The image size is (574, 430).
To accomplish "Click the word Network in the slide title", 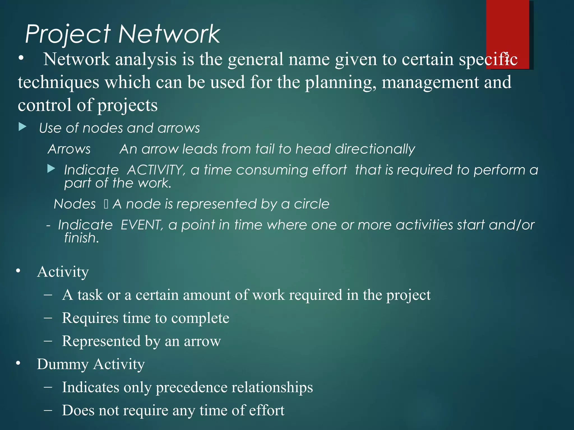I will [x=169, y=34].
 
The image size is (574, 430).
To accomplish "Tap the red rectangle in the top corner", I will [x=507, y=28].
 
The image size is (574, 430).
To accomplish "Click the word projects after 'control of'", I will [x=128, y=106].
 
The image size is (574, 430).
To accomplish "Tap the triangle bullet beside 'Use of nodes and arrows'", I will [x=22, y=127].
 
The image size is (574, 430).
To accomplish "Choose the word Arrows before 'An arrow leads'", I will [x=69, y=149].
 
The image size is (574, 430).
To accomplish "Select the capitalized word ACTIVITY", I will [x=156, y=170].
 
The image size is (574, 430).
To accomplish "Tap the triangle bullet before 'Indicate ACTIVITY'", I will [x=51, y=169].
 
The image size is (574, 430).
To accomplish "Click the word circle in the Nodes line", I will [x=311, y=204].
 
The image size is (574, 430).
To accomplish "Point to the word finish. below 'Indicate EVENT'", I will [x=82, y=238].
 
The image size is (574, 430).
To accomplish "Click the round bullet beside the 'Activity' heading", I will [x=18, y=271].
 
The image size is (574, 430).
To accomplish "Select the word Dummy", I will [x=63, y=364].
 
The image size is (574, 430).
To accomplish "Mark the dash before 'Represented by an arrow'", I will [x=48, y=341].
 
